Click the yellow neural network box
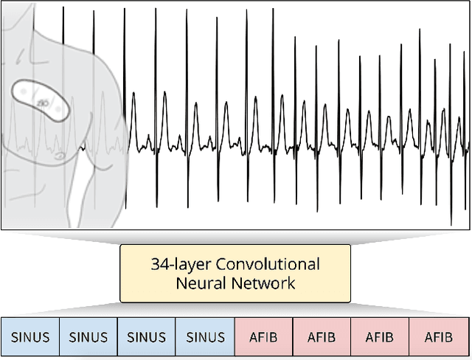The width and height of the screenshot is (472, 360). (235, 273)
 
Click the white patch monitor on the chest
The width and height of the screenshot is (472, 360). (40, 97)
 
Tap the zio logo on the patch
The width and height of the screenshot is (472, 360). (44, 102)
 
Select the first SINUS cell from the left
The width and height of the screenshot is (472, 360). (30, 338)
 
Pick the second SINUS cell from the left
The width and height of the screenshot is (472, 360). (88, 338)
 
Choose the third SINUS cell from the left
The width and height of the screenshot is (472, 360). (147, 338)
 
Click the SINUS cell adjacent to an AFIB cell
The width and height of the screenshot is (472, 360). (205, 338)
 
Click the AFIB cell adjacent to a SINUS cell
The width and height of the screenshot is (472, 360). (263, 338)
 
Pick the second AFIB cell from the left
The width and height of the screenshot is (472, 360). (322, 338)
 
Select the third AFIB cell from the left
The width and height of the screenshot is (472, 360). (380, 338)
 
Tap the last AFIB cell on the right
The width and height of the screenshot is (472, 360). (439, 338)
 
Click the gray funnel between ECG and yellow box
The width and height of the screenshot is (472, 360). (235, 238)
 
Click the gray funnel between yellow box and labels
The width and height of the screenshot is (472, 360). (235, 310)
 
